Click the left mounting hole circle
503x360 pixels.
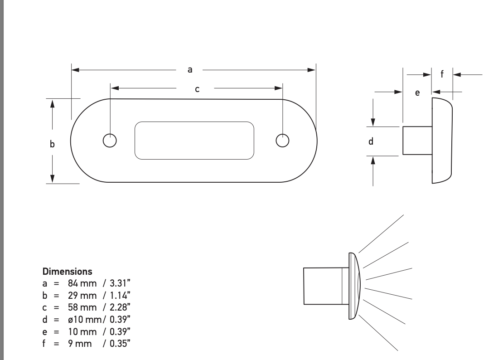point(109,141)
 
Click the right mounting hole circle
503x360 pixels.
point(282,141)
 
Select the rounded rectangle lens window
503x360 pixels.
point(194,141)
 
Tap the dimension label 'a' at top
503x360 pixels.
point(190,69)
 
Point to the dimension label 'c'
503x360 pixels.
point(197,89)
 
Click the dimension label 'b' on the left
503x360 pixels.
point(52,144)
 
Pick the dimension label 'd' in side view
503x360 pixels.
point(371,141)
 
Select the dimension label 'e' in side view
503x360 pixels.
point(417,93)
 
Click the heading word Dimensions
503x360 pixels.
point(67,272)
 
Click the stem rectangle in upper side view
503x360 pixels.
point(417,141)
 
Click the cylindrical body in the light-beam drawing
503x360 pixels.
point(323,286)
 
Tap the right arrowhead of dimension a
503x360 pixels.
point(311,70)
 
